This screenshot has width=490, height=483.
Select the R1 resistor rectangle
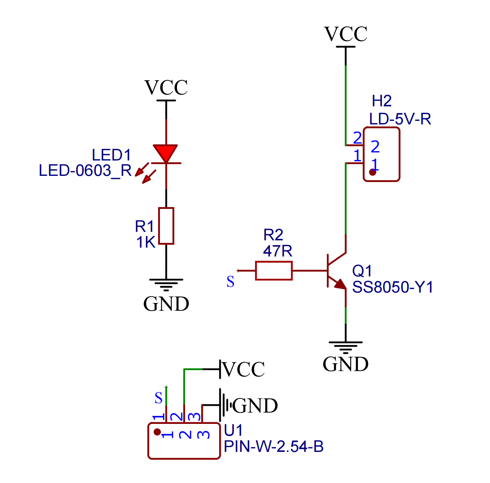pyautogui.click(x=166, y=226)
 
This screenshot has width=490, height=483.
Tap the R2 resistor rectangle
pyautogui.click(x=273, y=271)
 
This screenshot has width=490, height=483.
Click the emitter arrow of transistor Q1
pyautogui.click(x=340, y=285)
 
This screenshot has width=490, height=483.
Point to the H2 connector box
pyautogui.click(x=382, y=154)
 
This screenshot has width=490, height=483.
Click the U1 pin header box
pyautogui.click(x=184, y=441)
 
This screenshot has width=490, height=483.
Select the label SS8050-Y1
pyautogui.click(x=393, y=287)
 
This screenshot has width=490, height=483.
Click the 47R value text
pyautogui.click(x=278, y=251)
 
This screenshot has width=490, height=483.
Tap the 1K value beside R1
pyautogui.click(x=146, y=242)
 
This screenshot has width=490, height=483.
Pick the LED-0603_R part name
pyautogui.click(x=85, y=170)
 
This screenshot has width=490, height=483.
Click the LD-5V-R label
pyautogui.click(x=400, y=119)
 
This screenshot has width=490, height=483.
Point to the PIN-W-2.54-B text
pyautogui.click(x=273, y=447)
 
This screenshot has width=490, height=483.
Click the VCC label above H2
pyautogui.click(x=345, y=34)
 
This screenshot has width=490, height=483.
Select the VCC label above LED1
pyautogui.click(x=166, y=88)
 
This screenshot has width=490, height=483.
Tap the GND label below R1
pyautogui.click(x=166, y=304)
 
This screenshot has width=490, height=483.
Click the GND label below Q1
pyautogui.click(x=345, y=364)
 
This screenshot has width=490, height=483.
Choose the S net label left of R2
pyautogui.click(x=230, y=282)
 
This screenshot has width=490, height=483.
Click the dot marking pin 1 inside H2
pyautogui.click(x=372, y=172)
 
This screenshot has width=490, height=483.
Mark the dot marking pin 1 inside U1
pyautogui.click(x=157, y=432)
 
